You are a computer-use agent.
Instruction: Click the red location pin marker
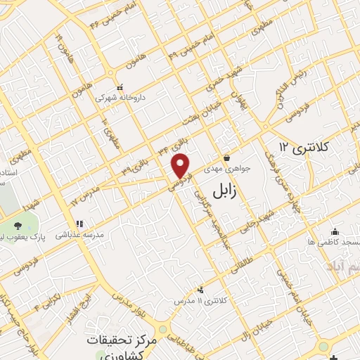coord(181,166)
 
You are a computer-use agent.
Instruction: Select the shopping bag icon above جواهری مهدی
coord(226,157)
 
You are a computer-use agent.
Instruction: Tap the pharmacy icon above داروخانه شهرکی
coord(120,86)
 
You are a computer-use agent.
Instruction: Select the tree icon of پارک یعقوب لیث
coord(17,226)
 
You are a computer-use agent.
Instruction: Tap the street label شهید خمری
coord(219,82)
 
